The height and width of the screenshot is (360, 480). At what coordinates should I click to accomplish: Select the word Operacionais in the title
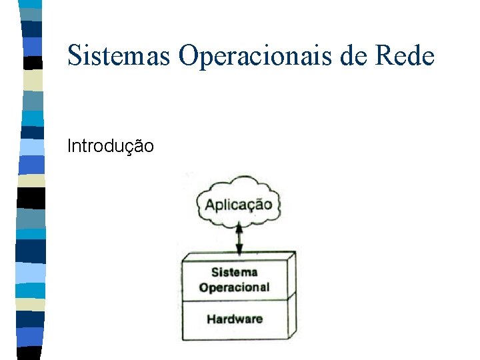pos(255,55)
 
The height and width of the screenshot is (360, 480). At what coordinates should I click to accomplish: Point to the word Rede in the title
pos(405,55)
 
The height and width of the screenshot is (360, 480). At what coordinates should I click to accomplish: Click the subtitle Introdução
pos(111,145)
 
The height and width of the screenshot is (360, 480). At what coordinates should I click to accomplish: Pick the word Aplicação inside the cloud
pos(238,205)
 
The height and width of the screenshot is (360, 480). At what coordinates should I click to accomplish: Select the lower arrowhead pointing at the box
pos(238,252)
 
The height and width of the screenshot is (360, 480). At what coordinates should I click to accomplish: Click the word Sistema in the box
pos(235,272)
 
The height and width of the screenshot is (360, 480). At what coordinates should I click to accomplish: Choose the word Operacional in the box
pos(235,287)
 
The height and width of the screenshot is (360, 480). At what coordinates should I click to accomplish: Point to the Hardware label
pos(235,319)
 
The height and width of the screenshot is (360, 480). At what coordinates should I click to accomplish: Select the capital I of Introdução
pos(69,145)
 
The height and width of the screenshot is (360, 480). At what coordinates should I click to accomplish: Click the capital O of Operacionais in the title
pos(189,55)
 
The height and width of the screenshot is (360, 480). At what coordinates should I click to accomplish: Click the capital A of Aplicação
pos(210,205)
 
